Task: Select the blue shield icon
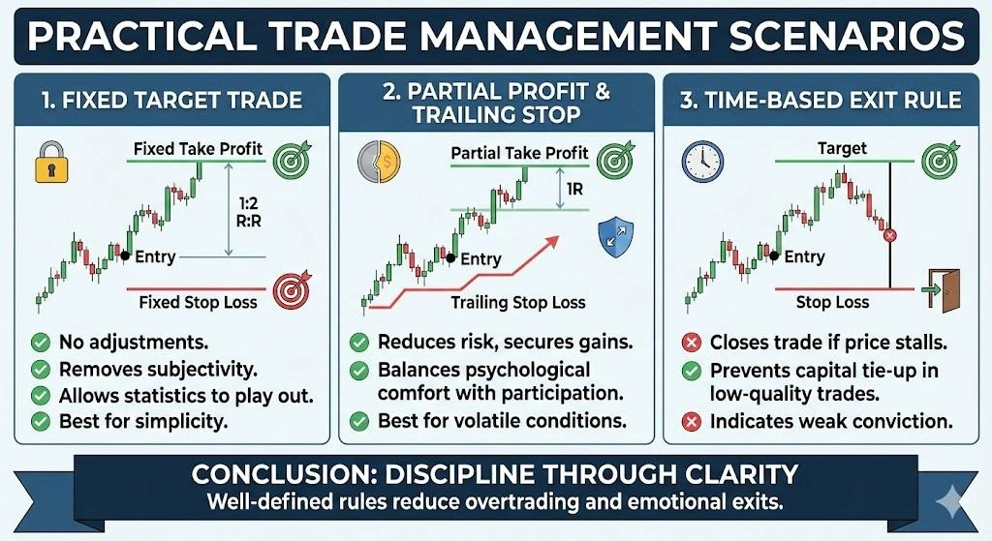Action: pos(614,233)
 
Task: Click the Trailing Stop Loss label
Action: pos(518,302)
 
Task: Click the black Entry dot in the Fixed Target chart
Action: pos(124,256)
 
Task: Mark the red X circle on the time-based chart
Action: pos(891,235)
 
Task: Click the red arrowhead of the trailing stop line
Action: pos(554,238)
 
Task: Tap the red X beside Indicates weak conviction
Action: pos(693,421)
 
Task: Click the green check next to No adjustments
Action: pos(41,342)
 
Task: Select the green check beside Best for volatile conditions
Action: pos(358,421)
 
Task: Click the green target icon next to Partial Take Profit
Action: pos(613,158)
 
